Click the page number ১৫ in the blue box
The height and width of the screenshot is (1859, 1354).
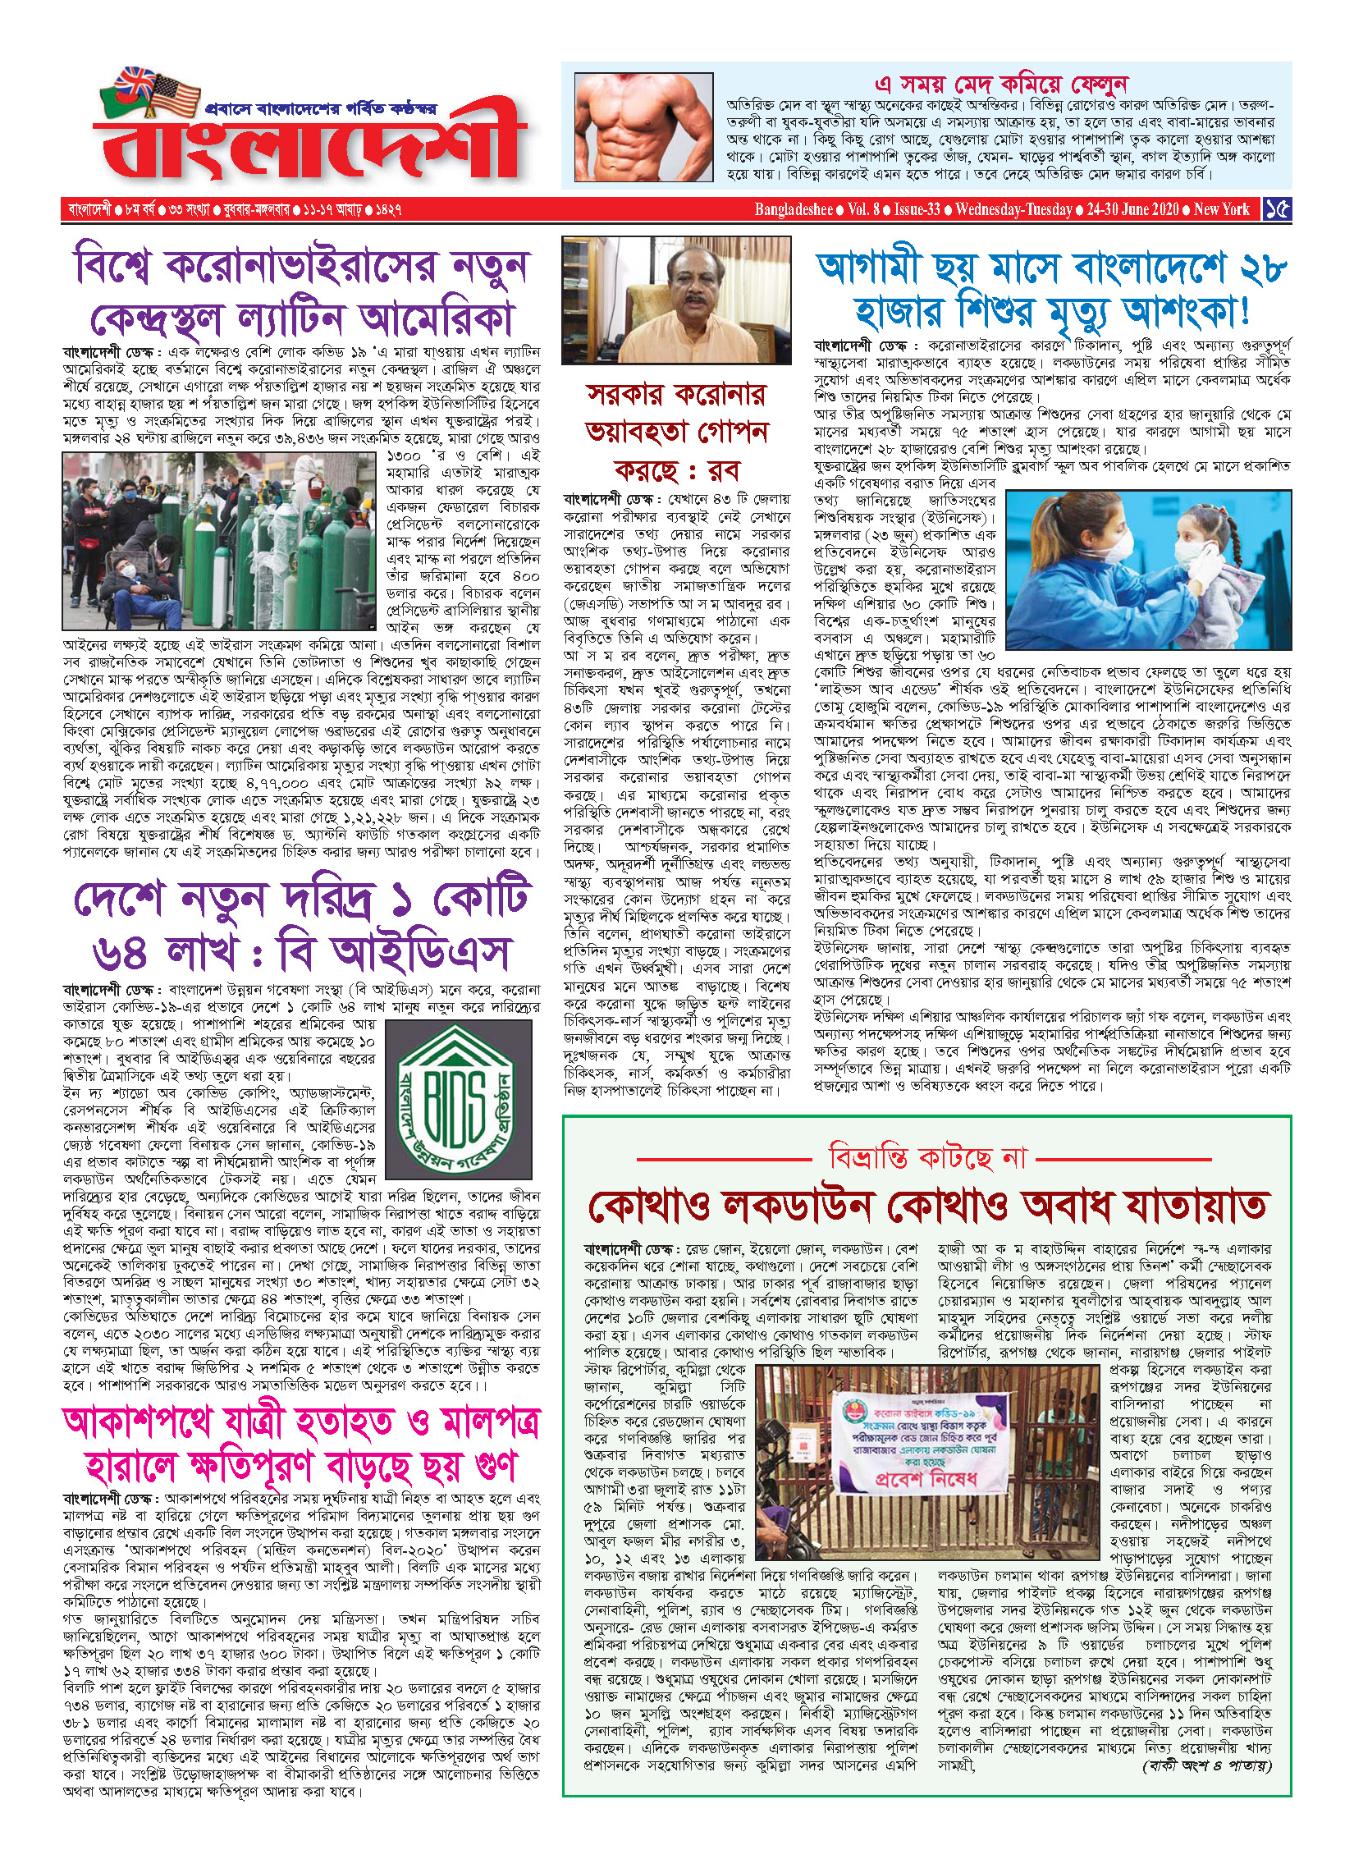click(1276, 209)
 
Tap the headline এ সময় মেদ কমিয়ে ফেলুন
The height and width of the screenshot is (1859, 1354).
click(1001, 84)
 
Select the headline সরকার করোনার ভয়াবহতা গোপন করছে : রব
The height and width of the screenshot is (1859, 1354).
click(677, 432)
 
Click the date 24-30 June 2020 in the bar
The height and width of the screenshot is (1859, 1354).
click(1132, 209)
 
